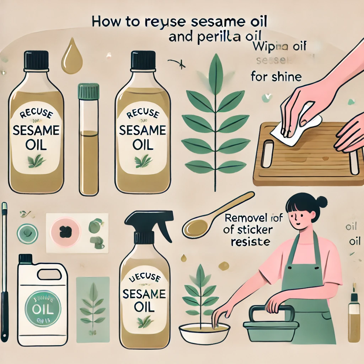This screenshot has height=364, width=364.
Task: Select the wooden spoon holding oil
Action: coord(213,217)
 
